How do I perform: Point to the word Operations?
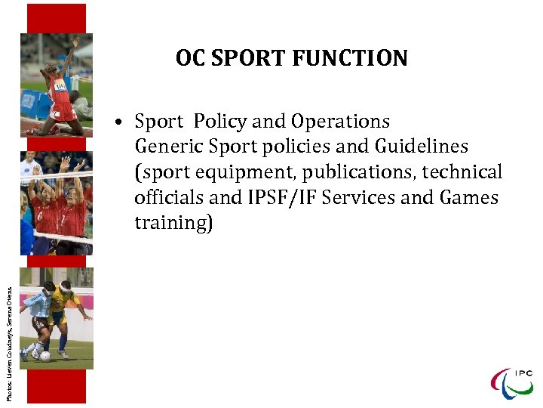point(340,122)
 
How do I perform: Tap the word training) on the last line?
point(173,224)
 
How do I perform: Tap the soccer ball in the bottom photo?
point(46,356)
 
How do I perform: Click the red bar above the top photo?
point(57,18)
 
